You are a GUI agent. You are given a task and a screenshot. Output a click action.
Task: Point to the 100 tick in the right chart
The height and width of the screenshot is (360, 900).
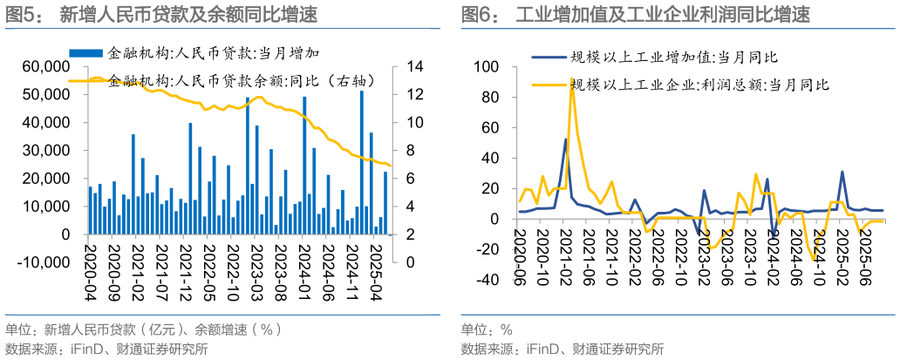[486, 67]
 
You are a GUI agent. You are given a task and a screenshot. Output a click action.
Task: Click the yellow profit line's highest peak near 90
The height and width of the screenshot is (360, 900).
[572, 79]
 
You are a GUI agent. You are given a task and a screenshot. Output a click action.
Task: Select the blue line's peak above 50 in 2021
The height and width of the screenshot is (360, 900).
[565, 139]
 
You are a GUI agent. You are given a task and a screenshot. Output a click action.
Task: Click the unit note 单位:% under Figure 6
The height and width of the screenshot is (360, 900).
[487, 330]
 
